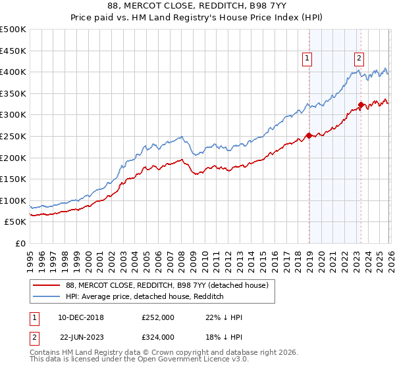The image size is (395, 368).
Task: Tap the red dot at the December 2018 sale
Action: [308, 137]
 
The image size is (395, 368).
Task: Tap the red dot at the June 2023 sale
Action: [361, 105]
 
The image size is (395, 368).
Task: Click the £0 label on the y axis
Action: [20, 243]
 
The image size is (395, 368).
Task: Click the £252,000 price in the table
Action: [157, 317]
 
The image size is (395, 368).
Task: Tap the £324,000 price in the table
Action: [157, 336]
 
